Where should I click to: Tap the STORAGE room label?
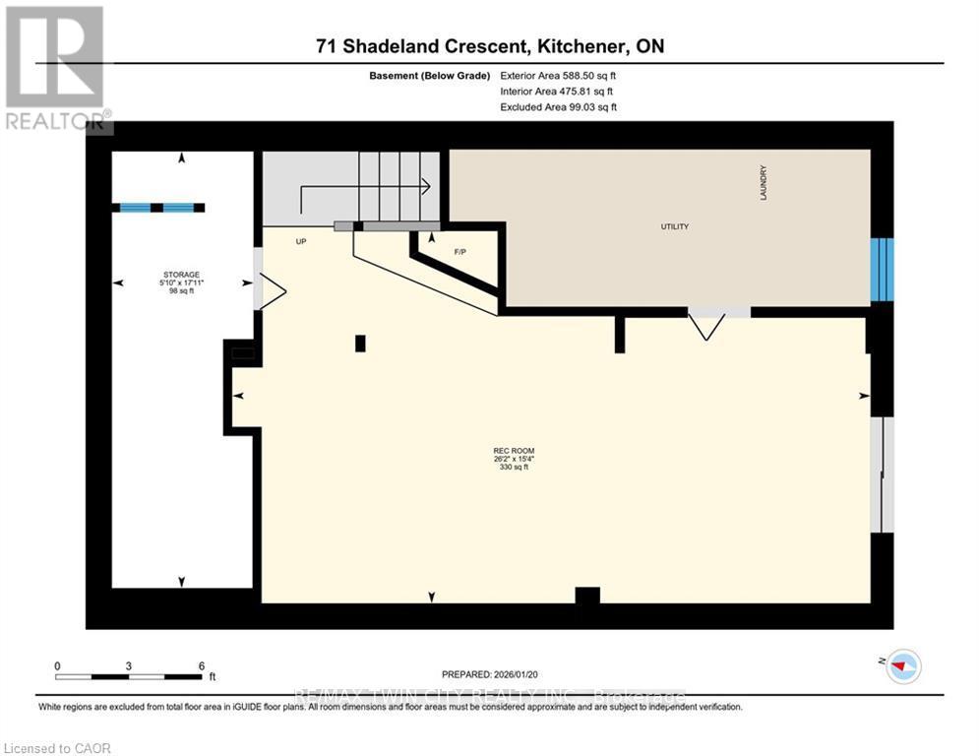181,275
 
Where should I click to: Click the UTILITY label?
674,226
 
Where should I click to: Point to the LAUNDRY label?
763,184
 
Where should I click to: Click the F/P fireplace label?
459,251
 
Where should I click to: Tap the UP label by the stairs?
302,240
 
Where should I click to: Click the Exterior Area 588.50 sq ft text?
558,75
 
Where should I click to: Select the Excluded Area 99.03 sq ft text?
558,106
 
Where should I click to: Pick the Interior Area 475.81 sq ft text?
558,91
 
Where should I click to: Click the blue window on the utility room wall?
884,269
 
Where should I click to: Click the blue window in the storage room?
157,208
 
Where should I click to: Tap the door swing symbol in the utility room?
705,323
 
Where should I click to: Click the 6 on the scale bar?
201,665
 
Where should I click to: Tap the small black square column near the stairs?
360,343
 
